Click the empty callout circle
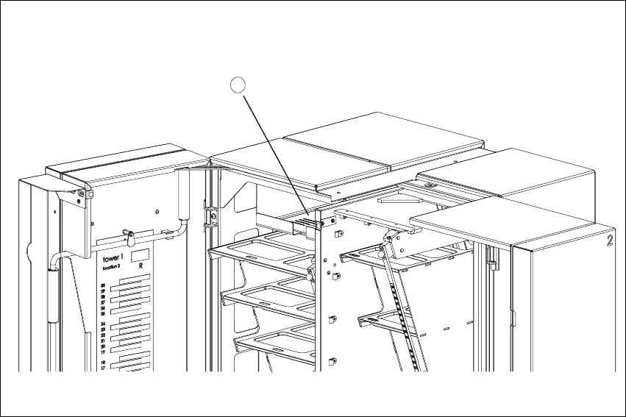235,85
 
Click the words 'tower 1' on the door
112,260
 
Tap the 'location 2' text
111,268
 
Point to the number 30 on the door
103,286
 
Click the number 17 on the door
103,369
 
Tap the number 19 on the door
103,352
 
